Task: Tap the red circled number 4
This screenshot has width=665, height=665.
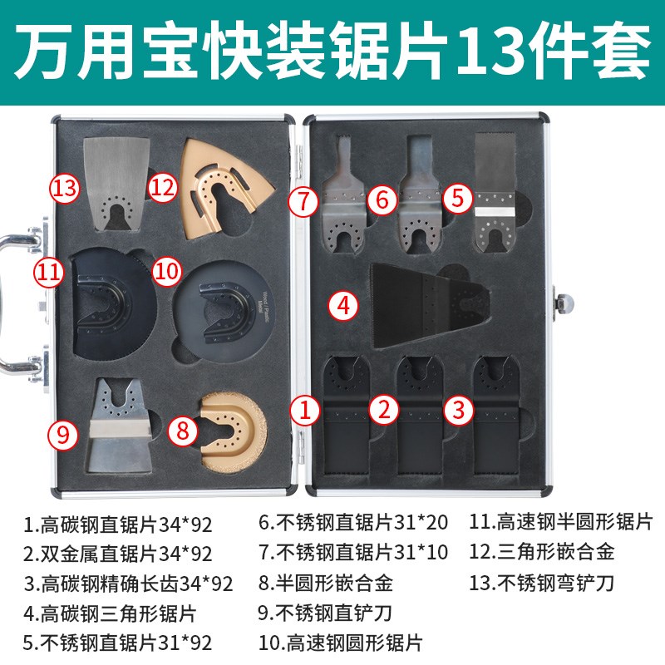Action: click(344, 305)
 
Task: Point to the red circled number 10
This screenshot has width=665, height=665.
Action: click(167, 270)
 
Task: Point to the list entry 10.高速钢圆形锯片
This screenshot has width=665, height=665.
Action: click(340, 643)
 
